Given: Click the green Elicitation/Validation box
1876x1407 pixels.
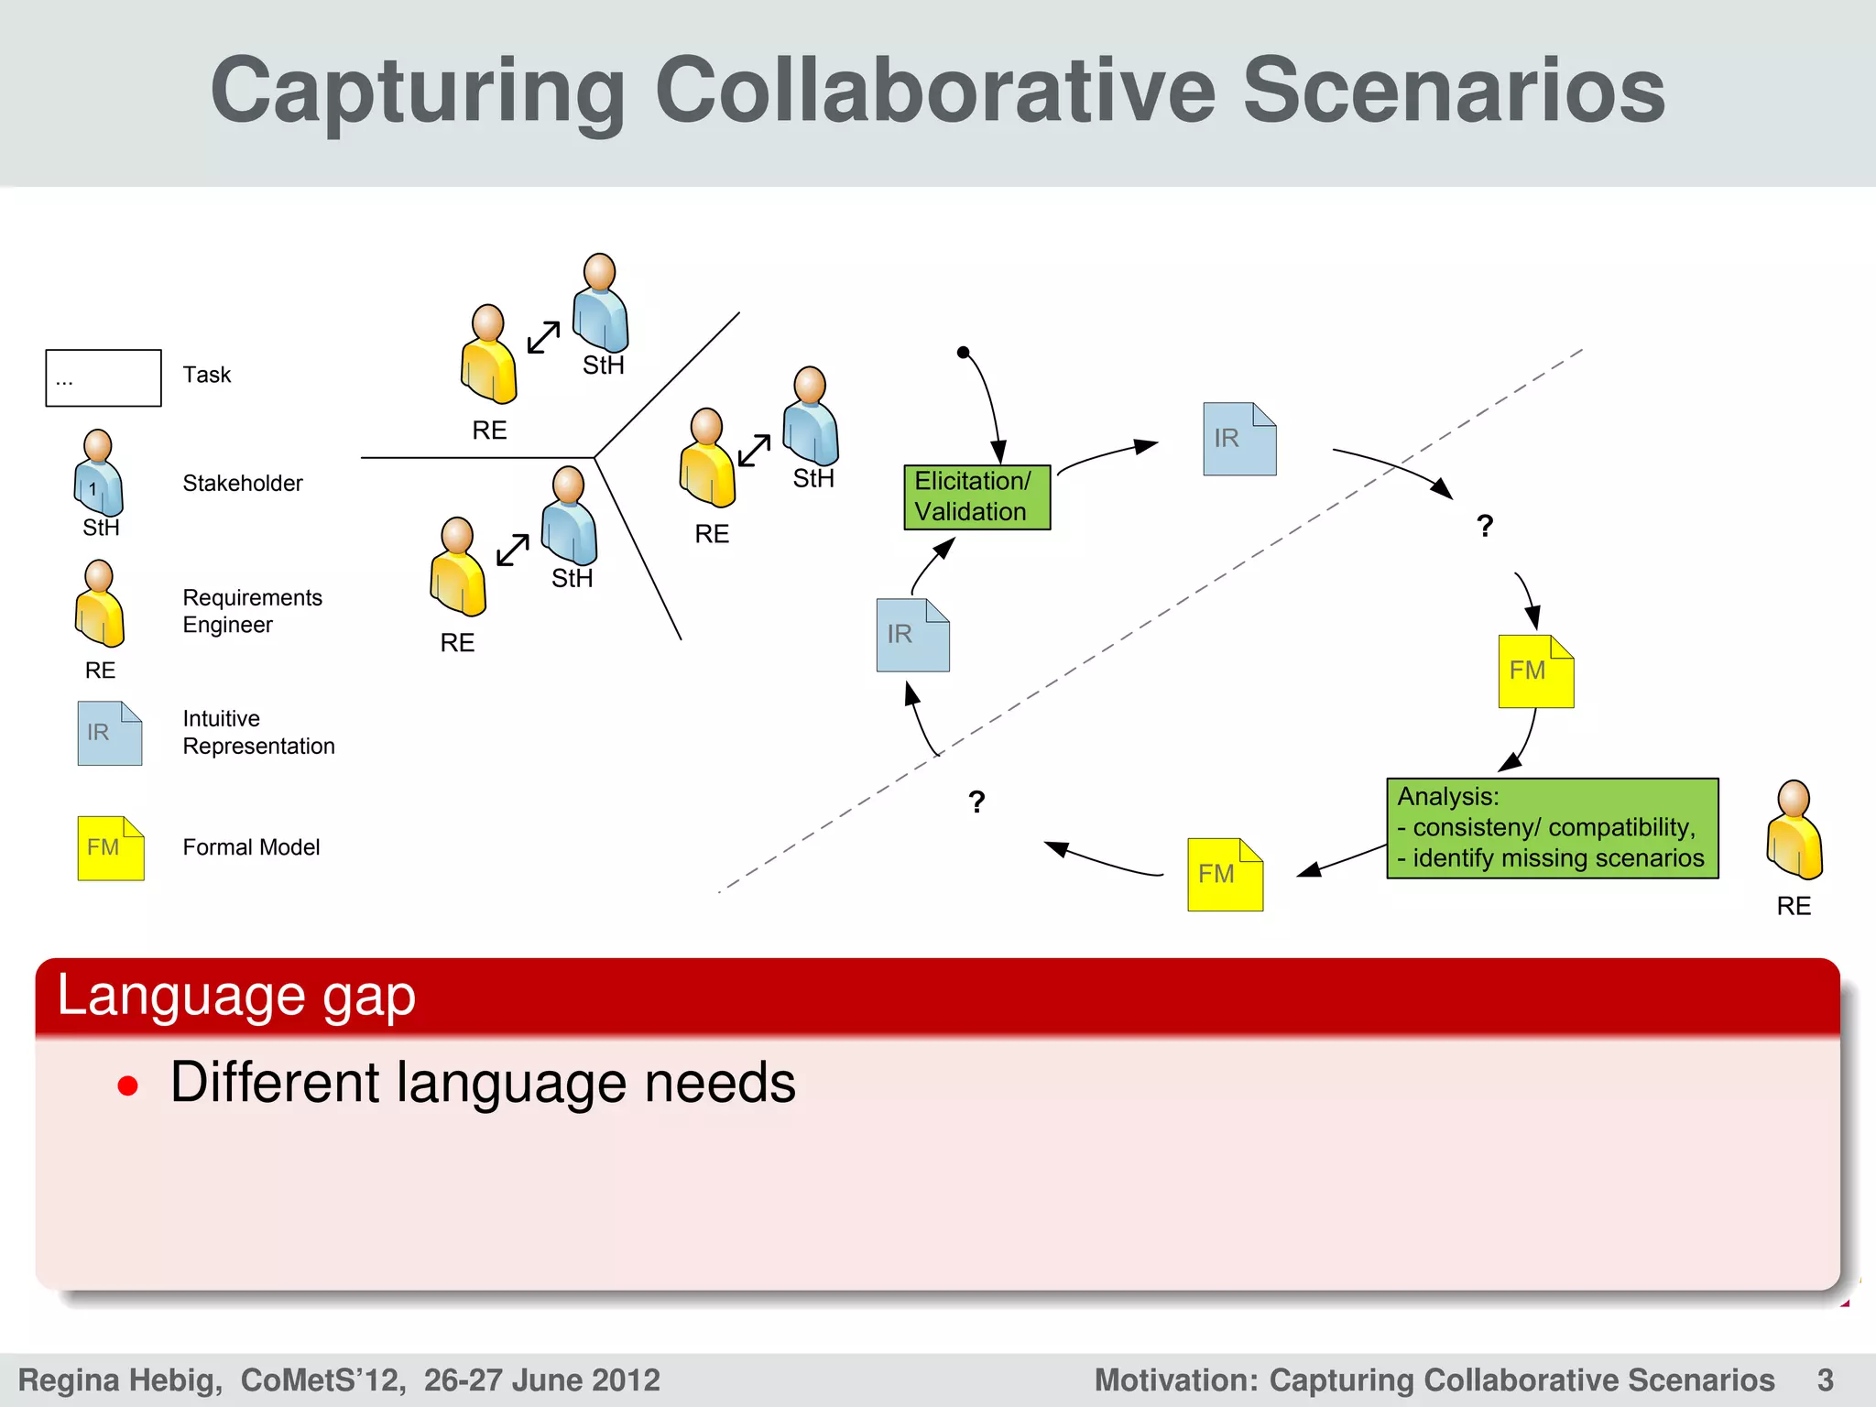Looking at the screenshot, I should tap(976, 497).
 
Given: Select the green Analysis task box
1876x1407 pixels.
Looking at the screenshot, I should tap(1552, 828).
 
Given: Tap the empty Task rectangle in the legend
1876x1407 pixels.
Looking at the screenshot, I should tap(104, 377).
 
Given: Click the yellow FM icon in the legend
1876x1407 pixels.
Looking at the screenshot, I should tap(110, 848).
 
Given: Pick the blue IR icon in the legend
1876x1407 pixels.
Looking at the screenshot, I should tap(109, 733).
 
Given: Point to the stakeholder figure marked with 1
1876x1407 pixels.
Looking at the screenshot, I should tap(98, 474).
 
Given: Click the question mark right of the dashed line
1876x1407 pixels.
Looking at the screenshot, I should tap(1485, 526).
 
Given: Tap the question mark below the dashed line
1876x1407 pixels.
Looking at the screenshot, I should tap(976, 802).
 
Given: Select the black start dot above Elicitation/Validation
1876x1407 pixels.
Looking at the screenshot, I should tap(963, 353).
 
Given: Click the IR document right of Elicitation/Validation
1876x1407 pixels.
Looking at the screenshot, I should tap(1238, 439).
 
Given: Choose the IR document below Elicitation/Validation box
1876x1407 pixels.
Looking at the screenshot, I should tap(912, 635).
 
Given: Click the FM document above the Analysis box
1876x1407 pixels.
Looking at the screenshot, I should tap(1535, 671).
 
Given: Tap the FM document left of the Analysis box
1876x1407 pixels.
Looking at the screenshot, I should tap(1225, 874).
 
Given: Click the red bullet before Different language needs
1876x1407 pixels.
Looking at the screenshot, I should tap(128, 1086).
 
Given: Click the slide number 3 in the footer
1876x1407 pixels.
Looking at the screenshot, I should tap(1825, 1380).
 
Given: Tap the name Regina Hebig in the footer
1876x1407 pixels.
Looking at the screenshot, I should tap(119, 1380).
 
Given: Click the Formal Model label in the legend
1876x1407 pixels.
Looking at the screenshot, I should tap(251, 847).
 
